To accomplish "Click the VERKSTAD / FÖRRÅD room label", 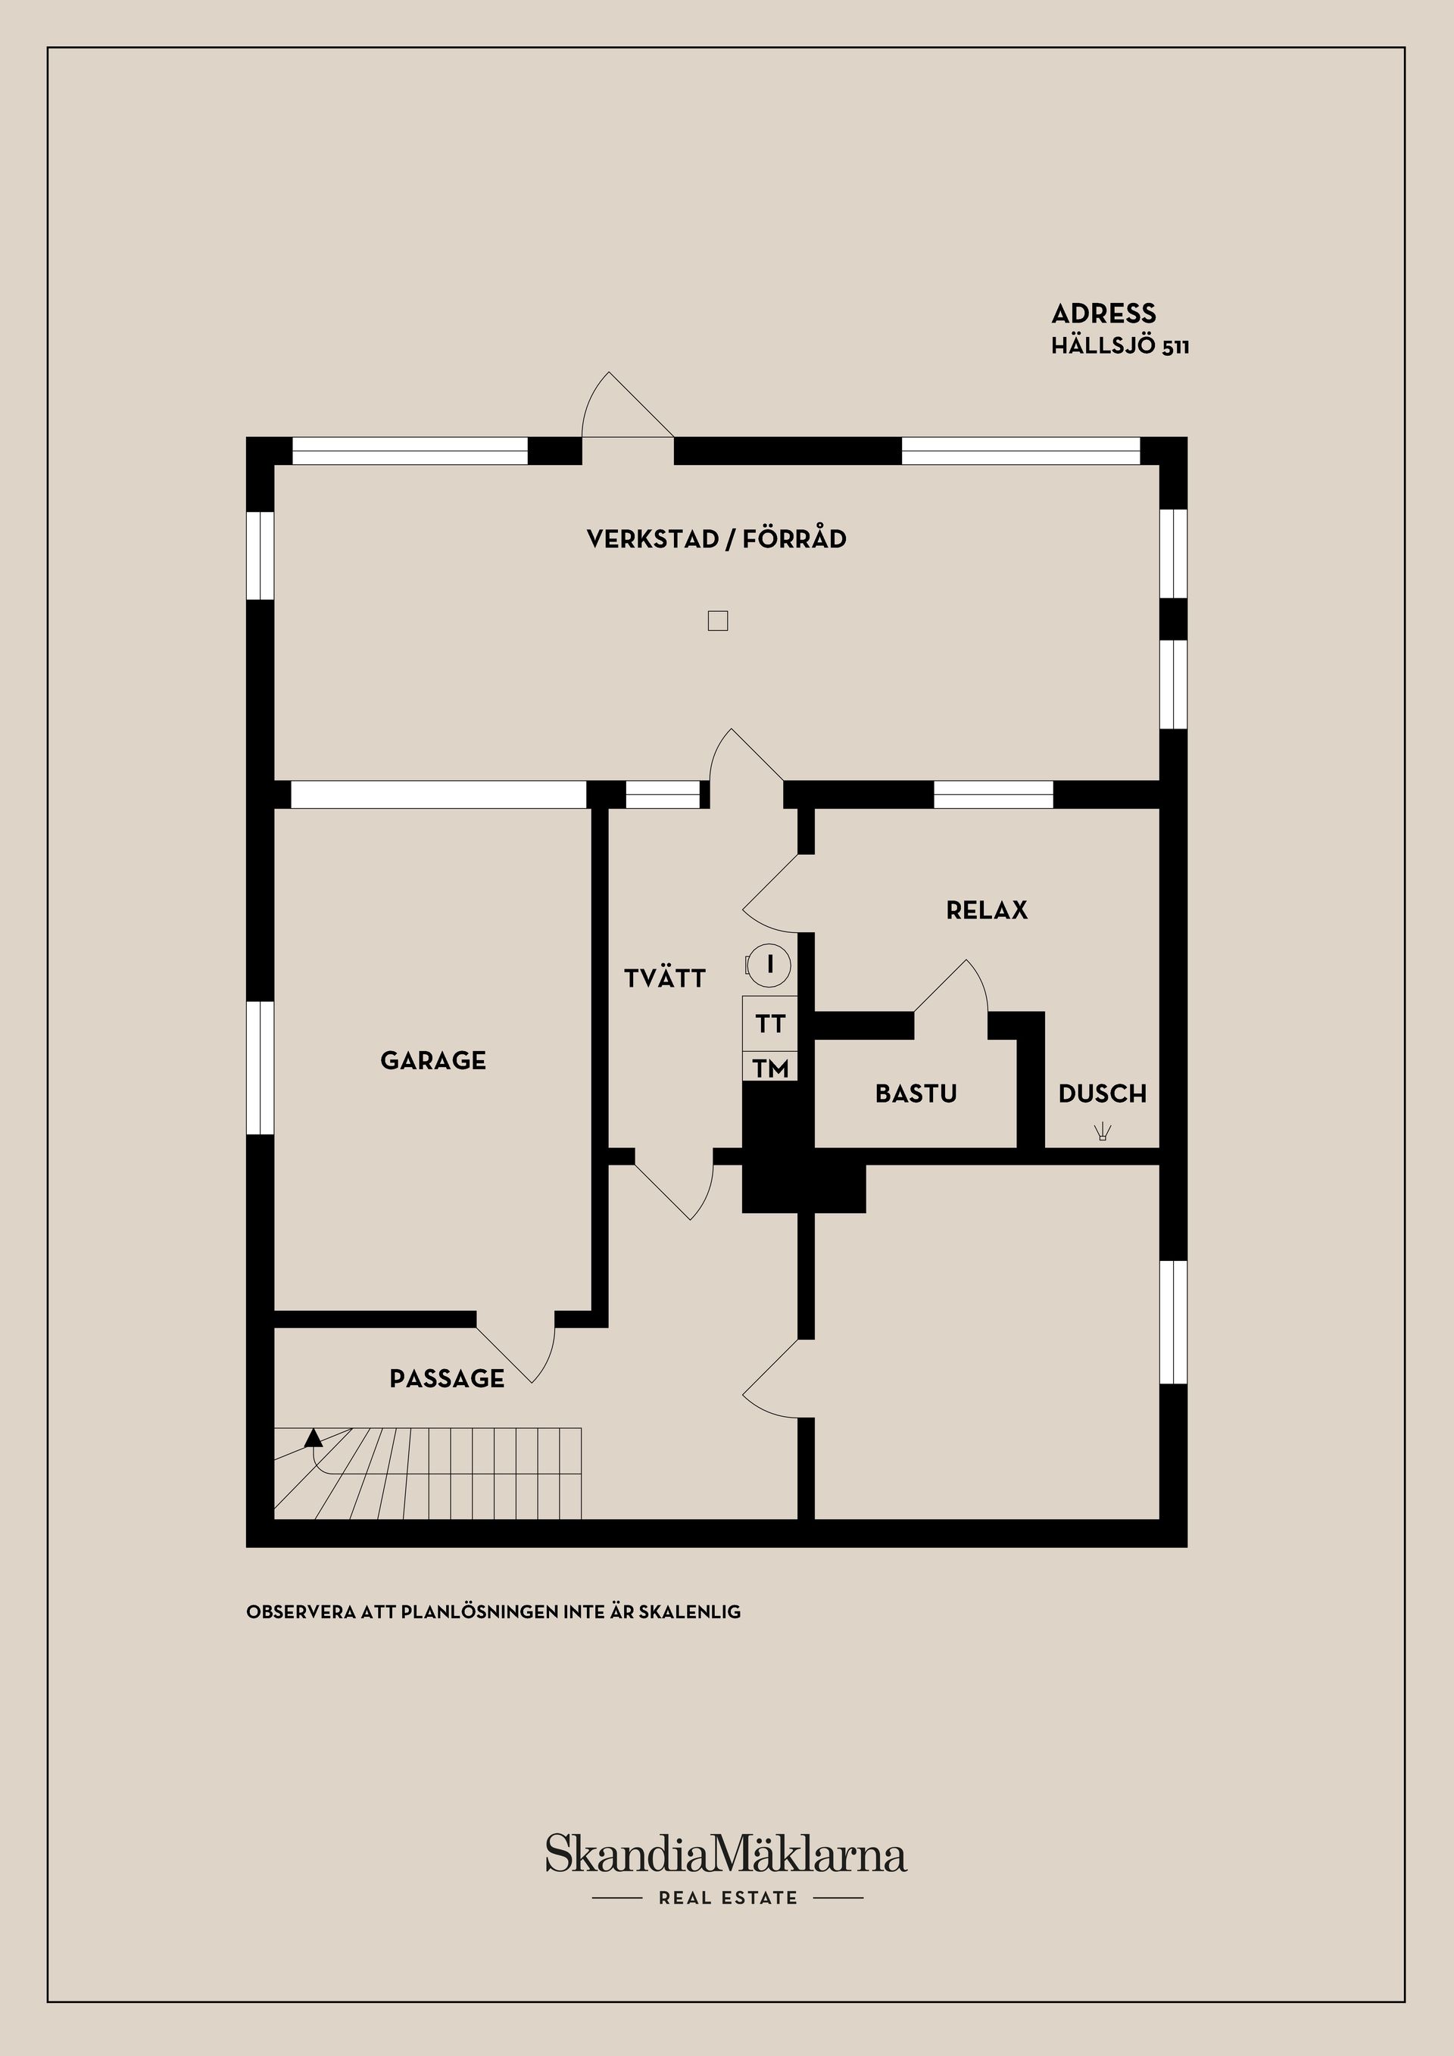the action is click(x=716, y=539).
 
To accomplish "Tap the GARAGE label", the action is click(x=433, y=1060).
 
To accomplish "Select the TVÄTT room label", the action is click(x=665, y=978).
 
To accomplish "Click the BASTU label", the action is click(x=916, y=1094).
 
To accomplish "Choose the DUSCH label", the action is click(x=1102, y=1094).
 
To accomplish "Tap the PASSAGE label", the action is click(x=447, y=1378).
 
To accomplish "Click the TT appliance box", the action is click(x=770, y=1024).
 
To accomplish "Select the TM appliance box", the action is click(x=770, y=1068).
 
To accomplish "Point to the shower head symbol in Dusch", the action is click(x=1102, y=1132).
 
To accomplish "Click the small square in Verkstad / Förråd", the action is click(x=717, y=619).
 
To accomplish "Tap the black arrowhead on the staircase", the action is click(x=314, y=1438).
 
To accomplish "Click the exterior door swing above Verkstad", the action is click(x=627, y=404).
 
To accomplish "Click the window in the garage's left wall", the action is click(x=260, y=1068).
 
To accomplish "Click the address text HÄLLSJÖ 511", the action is click(x=1120, y=347).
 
